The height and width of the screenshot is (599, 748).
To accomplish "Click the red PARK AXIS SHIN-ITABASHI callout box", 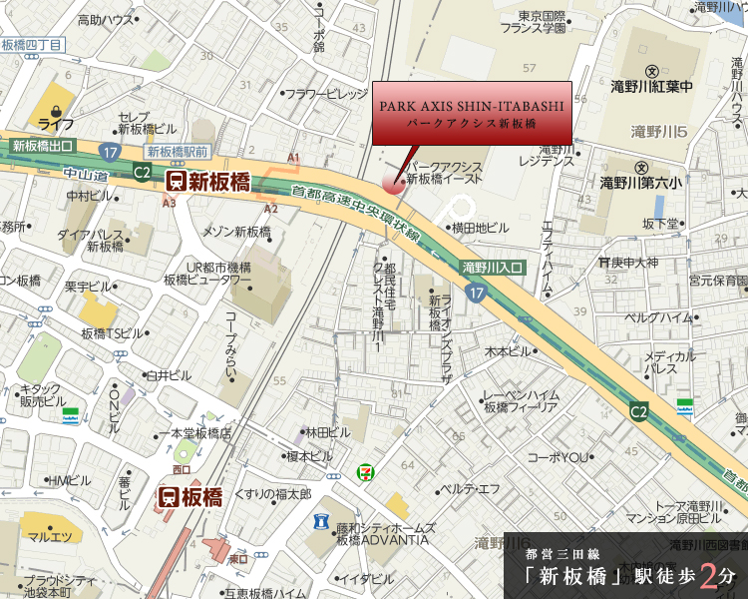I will point(472,112).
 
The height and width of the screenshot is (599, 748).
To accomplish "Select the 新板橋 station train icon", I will point(177,181).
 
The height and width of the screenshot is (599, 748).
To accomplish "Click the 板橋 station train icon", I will point(170,497).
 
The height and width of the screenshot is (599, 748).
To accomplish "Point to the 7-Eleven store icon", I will point(369,466).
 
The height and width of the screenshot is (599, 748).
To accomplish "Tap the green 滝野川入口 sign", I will point(494,268).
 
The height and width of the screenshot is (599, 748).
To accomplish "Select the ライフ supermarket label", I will point(57,124).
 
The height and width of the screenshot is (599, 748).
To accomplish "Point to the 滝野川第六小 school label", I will point(641,182).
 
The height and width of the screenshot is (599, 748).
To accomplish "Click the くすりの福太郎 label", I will point(272,494).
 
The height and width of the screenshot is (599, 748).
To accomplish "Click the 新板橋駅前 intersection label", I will point(177,151).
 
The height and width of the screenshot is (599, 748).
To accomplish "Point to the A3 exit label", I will point(169,203).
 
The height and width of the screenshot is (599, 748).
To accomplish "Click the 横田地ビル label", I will point(479,228).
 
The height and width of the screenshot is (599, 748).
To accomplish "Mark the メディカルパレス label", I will point(669,361).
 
